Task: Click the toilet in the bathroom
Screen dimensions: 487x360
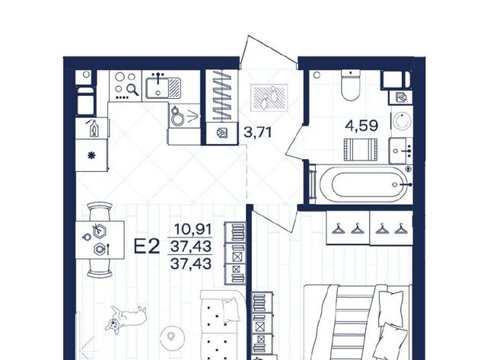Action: click(x=351, y=84)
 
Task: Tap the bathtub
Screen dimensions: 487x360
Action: click(x=363, y=184)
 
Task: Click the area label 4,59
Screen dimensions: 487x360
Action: click(x=361, y=126)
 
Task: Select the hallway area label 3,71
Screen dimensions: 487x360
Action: click(x=258, y=132)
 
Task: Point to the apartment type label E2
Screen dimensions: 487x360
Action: click(x=147, y=247)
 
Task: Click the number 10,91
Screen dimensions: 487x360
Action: click(x=193, y=230)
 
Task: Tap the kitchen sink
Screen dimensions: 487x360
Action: click(x=163, y=88)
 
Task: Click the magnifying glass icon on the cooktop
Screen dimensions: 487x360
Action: click(x=134, y=90)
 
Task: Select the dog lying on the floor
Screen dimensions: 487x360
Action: click(x=126, y=317)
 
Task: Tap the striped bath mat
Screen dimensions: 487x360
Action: click(x=361, y=150)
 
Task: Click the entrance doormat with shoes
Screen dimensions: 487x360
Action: click(x=269, y=97)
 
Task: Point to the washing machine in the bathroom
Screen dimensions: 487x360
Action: click(x=402, y=121)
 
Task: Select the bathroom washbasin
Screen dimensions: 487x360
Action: click(x=401, y=151)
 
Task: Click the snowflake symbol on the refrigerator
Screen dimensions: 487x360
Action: click(x=91, y=155)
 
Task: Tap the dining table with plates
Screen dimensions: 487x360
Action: click(x=100, y=240)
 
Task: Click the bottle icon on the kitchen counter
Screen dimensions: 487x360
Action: click(x=93, y=128)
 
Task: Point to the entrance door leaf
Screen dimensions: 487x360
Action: click(x=269, y=49)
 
